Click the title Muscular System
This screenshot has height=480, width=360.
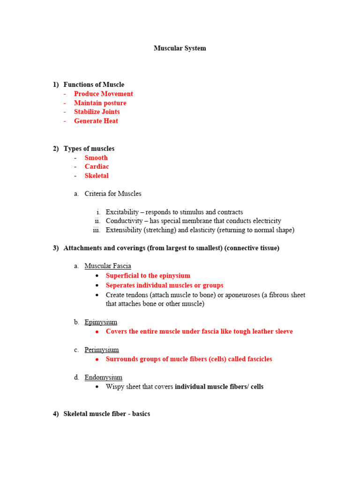coord(180,48)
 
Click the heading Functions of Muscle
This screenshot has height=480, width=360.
coord(94,85)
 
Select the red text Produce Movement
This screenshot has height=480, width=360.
coord(103,94)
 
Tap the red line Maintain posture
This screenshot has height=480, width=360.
coord(100,103)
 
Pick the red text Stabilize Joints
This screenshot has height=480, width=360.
coord(97,112)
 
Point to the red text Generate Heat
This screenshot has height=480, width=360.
coord(96,121)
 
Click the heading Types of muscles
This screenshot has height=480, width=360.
coord(89,149)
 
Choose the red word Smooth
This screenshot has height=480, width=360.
coord(96,158)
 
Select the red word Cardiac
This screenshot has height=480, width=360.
coord(97,167)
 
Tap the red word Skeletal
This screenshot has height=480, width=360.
coord(97,176)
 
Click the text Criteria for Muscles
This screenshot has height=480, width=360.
coord(112,194)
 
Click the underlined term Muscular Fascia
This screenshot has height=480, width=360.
coord(107,266)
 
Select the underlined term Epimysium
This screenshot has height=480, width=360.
coord(101,322)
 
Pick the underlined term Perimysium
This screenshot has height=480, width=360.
coord(101,350)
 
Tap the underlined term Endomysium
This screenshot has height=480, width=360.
coord(103,377)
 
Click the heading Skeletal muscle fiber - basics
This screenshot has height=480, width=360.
coord(106,414)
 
